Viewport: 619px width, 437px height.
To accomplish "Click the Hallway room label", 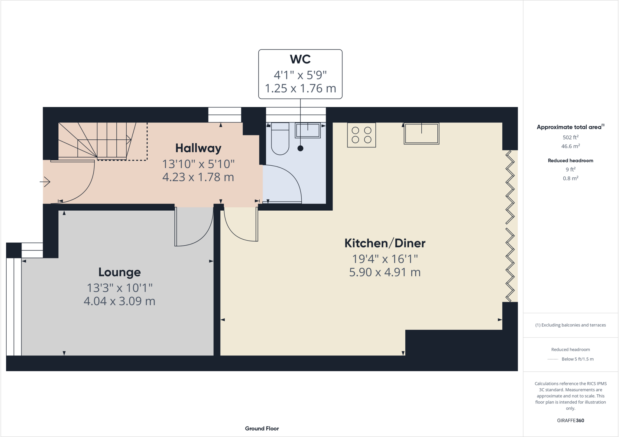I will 198,148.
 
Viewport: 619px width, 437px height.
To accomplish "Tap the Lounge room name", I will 119,272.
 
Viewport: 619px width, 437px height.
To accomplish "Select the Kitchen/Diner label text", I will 385,243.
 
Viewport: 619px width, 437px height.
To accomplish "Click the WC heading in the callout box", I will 300,59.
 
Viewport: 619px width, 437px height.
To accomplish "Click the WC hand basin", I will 308,131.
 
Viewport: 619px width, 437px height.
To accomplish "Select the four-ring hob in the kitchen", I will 361,135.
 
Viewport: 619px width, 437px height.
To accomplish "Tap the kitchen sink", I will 421,134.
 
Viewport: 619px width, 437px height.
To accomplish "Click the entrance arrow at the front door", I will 45,182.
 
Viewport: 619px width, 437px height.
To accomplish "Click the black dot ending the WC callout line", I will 300,148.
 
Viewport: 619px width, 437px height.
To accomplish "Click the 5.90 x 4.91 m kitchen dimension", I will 385,272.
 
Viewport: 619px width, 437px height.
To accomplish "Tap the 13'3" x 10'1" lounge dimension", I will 119,288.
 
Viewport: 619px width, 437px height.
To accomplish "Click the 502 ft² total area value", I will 570,137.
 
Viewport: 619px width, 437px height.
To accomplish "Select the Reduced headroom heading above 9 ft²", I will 570,160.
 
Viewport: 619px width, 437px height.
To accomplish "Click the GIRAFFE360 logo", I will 570,420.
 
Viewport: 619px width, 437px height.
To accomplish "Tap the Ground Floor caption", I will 262,429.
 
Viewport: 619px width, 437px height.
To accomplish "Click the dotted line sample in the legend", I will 553,359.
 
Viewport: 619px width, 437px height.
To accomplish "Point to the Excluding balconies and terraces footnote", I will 570,325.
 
